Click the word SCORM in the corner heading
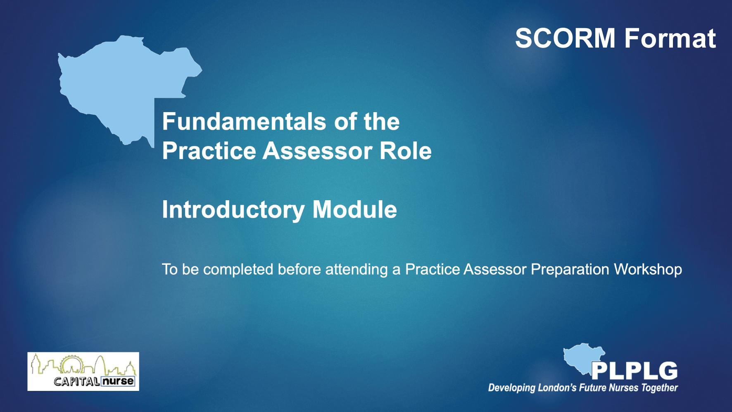coord(565,38)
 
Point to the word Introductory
coord(233,210)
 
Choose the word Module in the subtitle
coord(354,209)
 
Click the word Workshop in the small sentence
coord(648,269)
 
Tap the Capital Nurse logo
coord(83,371)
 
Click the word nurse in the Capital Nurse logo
coord(118,381)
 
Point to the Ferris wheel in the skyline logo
coord(71,364)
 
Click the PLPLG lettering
coord(634,371)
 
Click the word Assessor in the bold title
coord(318,151)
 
